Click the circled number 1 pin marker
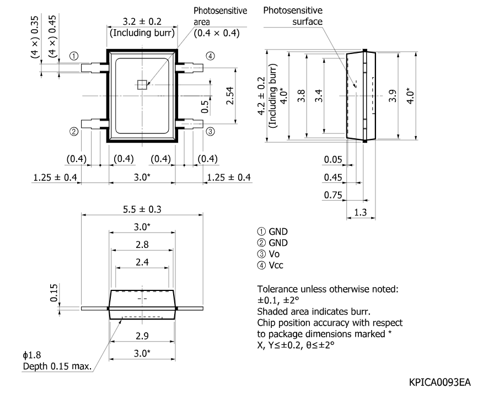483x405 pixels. click(x=74, y=56)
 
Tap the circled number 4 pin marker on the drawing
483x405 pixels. click(x=211, y=56)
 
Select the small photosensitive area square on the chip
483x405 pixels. click(x=142, y=85)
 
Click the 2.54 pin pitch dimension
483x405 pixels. click(x=230, y=96)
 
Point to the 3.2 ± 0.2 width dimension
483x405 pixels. click(x=142, y=21)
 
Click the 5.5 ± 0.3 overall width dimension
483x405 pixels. click(x=142, y=209)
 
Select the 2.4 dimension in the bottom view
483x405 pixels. click(x=142, y=262)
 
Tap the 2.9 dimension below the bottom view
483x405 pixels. click(x=142, y=336)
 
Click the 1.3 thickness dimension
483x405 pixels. click(x=361, y=212)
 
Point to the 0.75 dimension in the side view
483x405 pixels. click(x=333, y=195)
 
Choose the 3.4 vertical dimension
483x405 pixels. click(x=319, y=96)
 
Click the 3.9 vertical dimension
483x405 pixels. click(x=393, y=96)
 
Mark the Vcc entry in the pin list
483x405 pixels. click(x=270, y=265)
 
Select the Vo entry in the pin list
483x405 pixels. click(x=269, y=254)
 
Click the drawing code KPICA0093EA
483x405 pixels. click(x=440, y=382)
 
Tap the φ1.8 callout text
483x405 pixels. click(x=32, y=355)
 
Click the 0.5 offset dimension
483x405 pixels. click(x=205, y=106)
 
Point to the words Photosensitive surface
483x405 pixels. click(x=293, y=16)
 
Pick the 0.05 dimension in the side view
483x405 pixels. click(x=333, y=159)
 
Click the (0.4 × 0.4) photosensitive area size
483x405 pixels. click(x=217, y=33)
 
